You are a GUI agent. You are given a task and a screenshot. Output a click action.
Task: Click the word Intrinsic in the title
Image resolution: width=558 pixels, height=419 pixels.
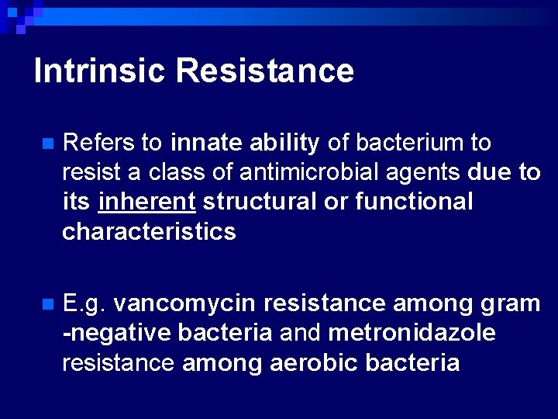[x=100, y=71]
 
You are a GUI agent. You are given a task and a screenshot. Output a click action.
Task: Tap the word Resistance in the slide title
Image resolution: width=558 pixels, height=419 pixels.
[x=264, y=71]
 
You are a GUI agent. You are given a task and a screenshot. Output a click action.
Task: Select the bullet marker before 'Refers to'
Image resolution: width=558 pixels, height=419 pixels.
[x=47, y=144]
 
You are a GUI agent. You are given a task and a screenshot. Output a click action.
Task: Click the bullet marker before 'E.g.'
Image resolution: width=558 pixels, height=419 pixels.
[x=47, y=303]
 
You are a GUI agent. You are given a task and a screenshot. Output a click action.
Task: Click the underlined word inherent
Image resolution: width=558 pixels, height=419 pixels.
[x=147, y=202]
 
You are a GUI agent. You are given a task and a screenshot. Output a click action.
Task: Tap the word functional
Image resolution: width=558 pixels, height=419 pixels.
[x=414, y=202]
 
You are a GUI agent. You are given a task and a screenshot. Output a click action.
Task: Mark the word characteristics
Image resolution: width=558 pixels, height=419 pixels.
[x=149, y=231]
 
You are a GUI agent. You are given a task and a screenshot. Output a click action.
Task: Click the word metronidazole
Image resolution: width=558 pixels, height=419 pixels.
[x=412, y=333]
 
